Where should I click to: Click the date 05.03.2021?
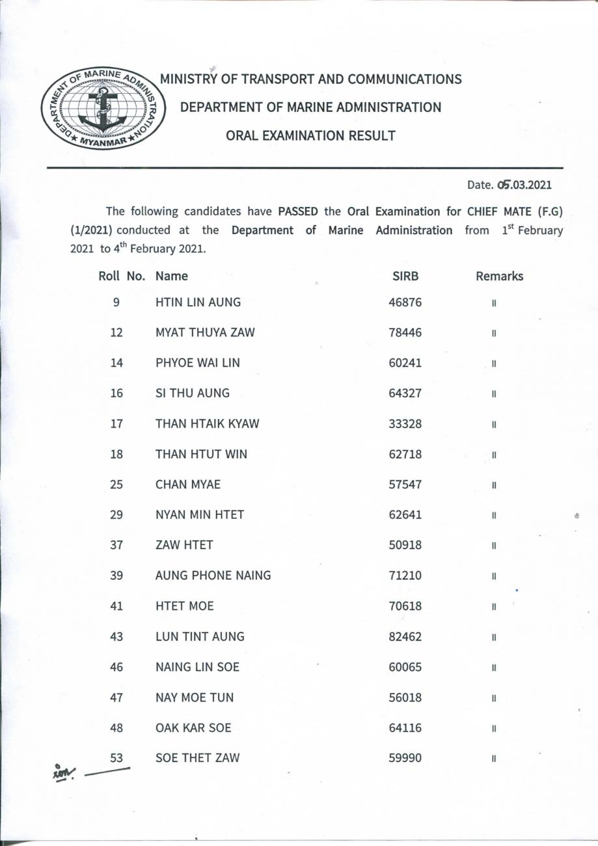click(x=524, y=185)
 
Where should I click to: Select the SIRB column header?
click(x=405, y=276)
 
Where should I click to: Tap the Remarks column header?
click(x=499, y=276)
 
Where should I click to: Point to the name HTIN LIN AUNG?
click(x=198, y=302)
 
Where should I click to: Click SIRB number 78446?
click(x=405, y=333)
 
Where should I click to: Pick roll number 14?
click(x=116, y=363)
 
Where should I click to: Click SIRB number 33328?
click(x=405, y=424)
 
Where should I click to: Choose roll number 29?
click(x=116, y=515)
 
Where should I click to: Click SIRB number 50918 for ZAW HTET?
click(x=405, y=545)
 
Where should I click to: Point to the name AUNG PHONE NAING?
click(x=213, y=575)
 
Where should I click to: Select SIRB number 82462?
click(x=405, y=636)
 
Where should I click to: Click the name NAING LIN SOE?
click(x=197, y=667)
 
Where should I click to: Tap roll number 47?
click(x=116, y=698)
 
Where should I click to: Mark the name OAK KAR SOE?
click(x=193, y=728)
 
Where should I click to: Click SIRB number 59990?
click(x=405, y=758)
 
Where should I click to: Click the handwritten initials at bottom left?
click(x=64, y=772)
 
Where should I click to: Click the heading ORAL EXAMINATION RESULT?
click(x=310, y=135)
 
